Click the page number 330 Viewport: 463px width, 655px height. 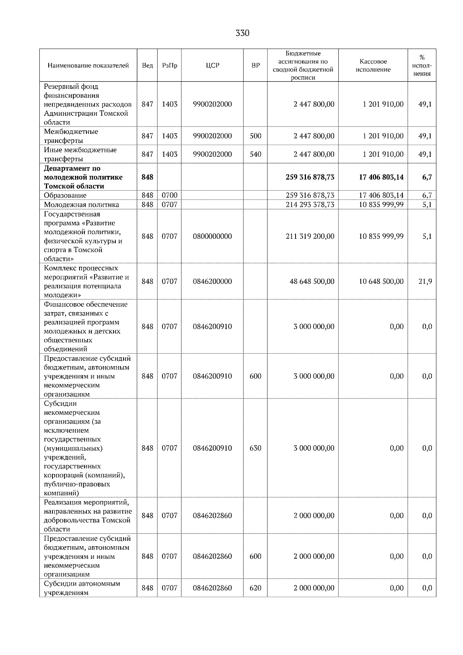242,33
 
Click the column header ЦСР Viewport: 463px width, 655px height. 212,66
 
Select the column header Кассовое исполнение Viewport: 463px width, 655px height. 373,66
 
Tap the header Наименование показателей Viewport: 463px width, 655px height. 88,66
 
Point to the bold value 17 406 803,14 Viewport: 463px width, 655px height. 379,177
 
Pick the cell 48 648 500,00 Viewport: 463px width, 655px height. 312,281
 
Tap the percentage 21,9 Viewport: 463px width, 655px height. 425,281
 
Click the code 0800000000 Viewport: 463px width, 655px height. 212,236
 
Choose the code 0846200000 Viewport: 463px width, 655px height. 212,281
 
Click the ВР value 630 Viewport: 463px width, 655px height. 255,448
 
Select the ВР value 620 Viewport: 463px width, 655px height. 255,588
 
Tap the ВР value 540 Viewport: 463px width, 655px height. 255,154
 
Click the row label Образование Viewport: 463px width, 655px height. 65,195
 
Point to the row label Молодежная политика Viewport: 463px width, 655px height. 81,204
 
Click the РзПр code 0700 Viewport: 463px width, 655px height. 169,195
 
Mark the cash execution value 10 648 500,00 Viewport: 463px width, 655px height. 381,281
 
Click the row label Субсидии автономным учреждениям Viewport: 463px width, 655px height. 82,588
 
